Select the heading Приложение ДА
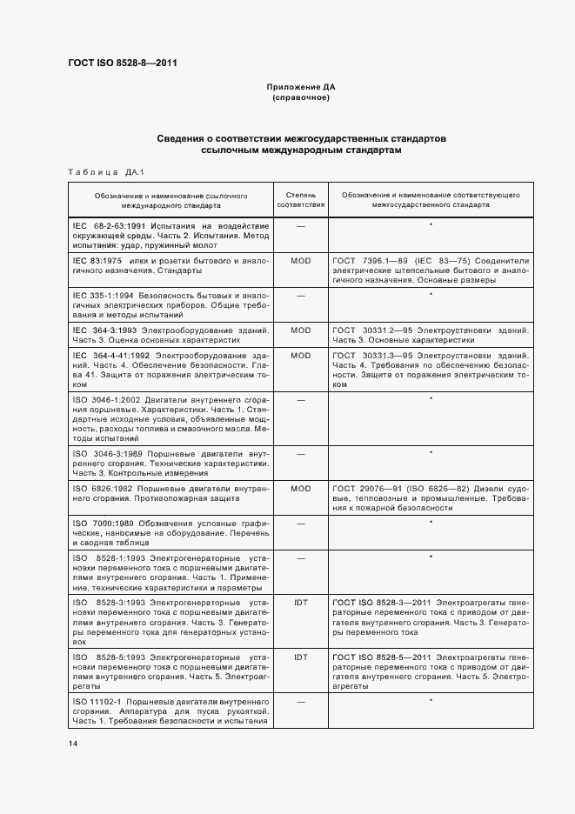[300, 88]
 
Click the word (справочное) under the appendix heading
[300, 98]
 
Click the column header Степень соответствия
[300, 201]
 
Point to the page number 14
[73, 744]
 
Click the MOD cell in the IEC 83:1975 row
[300, 260]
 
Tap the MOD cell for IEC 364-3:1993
[300, 330]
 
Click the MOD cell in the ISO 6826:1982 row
[300, 489]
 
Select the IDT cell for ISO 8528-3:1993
[300, 602]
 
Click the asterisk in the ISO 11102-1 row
[431, 699]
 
